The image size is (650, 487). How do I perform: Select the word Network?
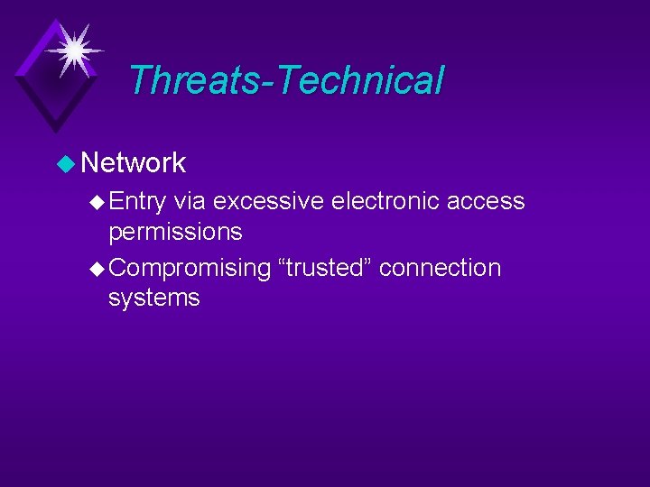(x=133, y=163)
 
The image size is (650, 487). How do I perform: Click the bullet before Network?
(x=66, y=164)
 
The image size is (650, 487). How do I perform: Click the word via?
(x=190, y=201)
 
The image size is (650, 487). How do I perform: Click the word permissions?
(x=175, y=233)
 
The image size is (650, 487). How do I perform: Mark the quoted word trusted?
(x=325, y=268)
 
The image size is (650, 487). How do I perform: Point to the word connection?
(x=440, y=268)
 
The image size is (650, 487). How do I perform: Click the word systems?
(x=153, y=299)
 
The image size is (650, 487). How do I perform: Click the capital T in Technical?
(x=291, y=79)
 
